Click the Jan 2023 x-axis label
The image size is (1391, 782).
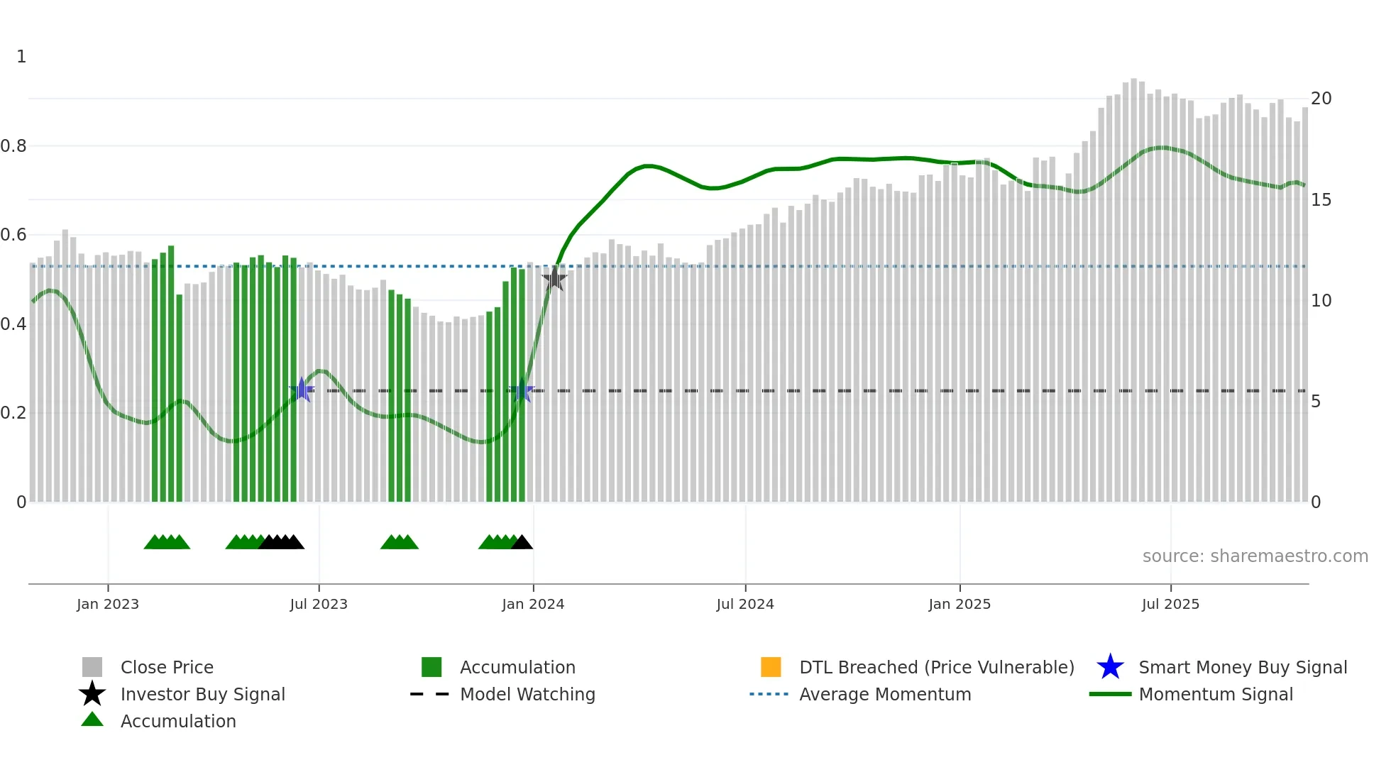(108, 605)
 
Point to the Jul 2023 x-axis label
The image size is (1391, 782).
(319, 605)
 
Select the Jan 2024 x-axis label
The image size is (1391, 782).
(533, 605)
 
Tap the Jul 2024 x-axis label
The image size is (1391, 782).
(745, 605)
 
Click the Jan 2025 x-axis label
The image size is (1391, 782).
(960, 605)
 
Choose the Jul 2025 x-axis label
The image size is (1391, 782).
(1170, 605)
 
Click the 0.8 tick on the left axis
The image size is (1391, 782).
(13, 146)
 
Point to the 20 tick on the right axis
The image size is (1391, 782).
(1321, 99)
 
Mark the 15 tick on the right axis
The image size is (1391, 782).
(1321, 200)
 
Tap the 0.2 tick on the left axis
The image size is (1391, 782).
(13, 413)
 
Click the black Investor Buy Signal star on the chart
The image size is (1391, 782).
(554, 278)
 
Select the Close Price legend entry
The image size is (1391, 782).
(167, 668)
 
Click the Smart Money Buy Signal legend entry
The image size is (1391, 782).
(1242, 668)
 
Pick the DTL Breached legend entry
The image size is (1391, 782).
(936, 668)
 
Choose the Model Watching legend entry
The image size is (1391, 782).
(527, 695)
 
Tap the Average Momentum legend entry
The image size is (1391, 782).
(884, 695)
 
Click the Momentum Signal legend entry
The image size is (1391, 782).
(1215, 695)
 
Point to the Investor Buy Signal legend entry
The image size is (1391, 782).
(202, 695)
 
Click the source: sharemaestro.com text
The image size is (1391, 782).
(1255, 556)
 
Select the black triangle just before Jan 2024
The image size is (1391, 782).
(522, 543)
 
